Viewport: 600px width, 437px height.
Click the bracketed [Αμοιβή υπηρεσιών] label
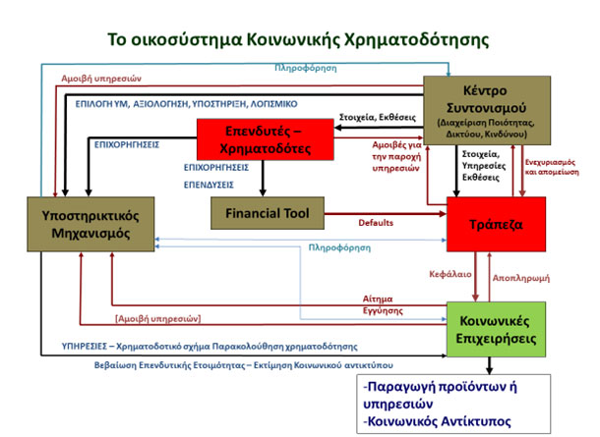click(158, 318)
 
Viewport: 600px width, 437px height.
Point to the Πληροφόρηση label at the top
click(305, 69)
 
